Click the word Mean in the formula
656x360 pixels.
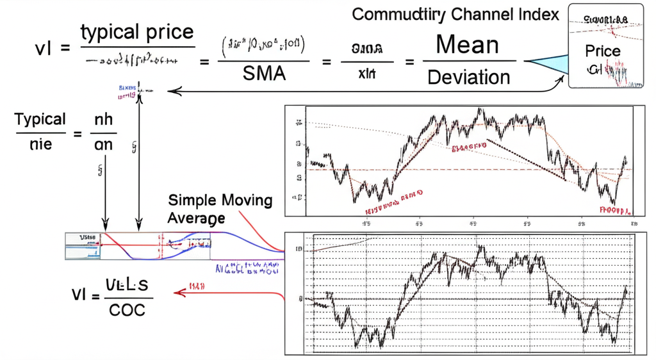tap(467, 45)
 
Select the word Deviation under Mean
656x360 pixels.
tap(468, 78)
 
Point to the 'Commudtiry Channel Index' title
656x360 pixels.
tap(456, 14)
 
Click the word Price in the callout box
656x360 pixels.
tap(602, 51)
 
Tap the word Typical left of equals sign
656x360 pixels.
tap(40, 119)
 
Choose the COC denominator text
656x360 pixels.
tap(126, 311)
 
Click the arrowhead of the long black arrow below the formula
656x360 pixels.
tap(172, 91)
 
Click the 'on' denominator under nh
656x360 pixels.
tap(103, 145)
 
